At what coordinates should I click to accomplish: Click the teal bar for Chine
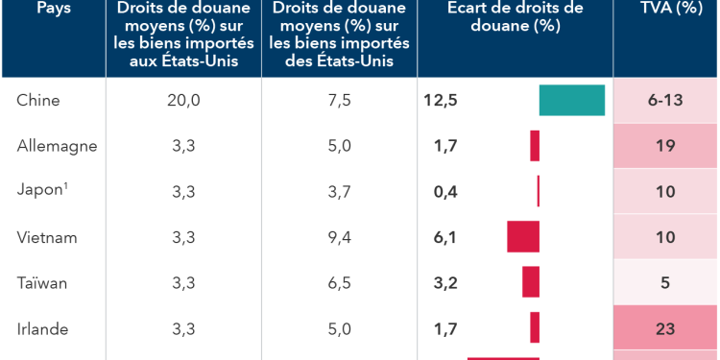pyautogui.click(x=572, y=101)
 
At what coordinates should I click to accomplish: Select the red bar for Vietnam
pyautogui.click(x=523, y=237)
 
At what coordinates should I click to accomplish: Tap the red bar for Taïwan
pyautogui.click(x=531, y=282)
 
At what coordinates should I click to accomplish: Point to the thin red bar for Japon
pyautogui.click(x=539, y=191)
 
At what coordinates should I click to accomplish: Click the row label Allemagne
pyautogui.click(x=57, y=146)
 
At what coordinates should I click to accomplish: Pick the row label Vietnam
pyautogui.click(x=47, y=237)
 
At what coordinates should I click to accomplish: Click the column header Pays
pyautogui.click(x=53, y=9)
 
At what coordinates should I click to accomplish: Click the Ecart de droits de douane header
pyautogui.click(x=516, y=17)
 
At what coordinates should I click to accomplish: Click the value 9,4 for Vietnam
pyautogui.click(x=339, y=237)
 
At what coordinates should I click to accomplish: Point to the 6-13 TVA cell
pyautogui.click(x=665, y=101)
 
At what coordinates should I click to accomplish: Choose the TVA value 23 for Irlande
pyautogui.click(x=665, y=328)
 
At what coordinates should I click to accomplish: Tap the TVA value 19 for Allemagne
pyautogui.click(x=665, y=146)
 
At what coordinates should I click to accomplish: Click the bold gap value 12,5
pyautogui.click(x=441, y=101)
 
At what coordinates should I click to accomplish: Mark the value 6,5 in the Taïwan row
pyautogui.click(x=339, y=283)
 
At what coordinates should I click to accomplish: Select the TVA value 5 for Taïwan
pyautogui.click(x=665, y=283)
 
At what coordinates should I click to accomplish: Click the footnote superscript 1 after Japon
pyautogui.click(x=65, y=186)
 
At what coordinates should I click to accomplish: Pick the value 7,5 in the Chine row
pyautogui.click(x=339, y=101)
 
